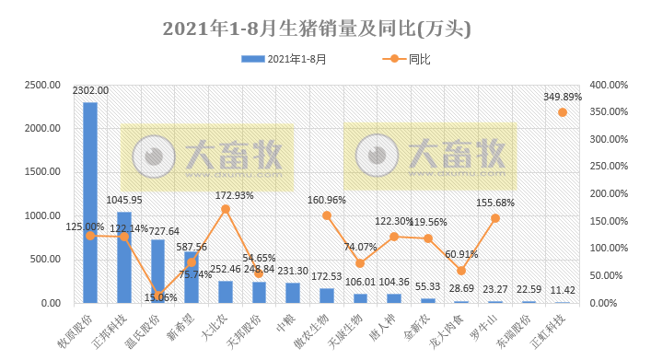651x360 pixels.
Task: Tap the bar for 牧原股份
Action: point(90,203)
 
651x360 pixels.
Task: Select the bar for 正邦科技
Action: point(124,258)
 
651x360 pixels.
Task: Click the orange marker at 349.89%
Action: point(563,112)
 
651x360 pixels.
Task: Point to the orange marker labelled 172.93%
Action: point(226,209)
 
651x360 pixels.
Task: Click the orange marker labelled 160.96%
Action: point(327,215)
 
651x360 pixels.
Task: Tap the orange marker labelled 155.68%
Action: point(495,218)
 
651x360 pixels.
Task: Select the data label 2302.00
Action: point(90,91)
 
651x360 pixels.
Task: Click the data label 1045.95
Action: point(124,200)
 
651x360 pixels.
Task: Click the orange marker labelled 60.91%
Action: point(461,271)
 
